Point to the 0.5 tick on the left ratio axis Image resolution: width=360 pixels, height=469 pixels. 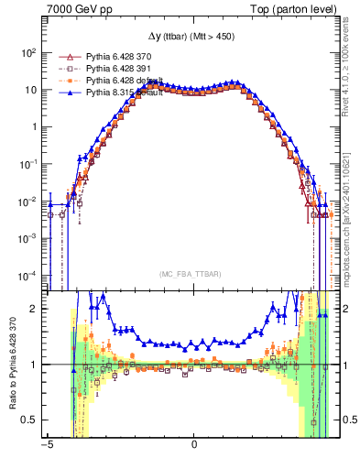pyautogui.click(x=31, y=420)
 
